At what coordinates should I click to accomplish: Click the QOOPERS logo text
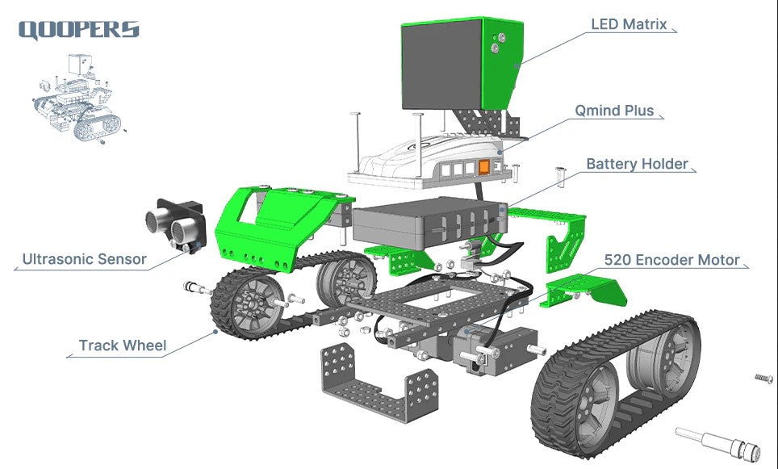coord(79,30)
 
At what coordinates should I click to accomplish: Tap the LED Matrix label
coord(629,24)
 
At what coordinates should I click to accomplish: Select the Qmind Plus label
coord(614,110)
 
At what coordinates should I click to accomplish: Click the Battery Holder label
coord(637,164)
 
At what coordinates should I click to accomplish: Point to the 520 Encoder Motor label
coord(671,260)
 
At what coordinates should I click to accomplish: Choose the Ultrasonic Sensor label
coord(85,259)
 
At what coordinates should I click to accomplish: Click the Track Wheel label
coord(123,345)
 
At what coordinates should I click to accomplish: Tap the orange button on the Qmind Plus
coord(483,167)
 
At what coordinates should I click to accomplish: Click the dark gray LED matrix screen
coord(441,65)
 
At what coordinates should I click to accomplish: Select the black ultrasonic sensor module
coord(176,226)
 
